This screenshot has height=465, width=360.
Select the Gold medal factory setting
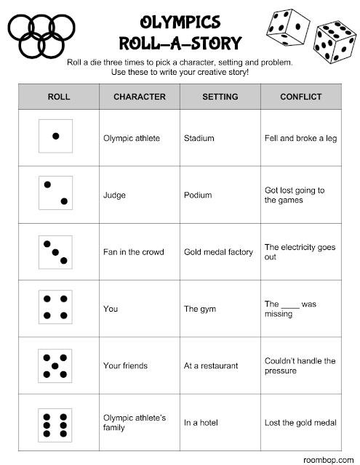tap(218, 252)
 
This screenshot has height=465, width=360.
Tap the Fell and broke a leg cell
tap(300, 137)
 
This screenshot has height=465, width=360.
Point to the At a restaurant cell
tap(211, 366)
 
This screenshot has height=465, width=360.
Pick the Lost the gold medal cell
tap(300, 423)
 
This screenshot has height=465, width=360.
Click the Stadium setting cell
tap(199, 137)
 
